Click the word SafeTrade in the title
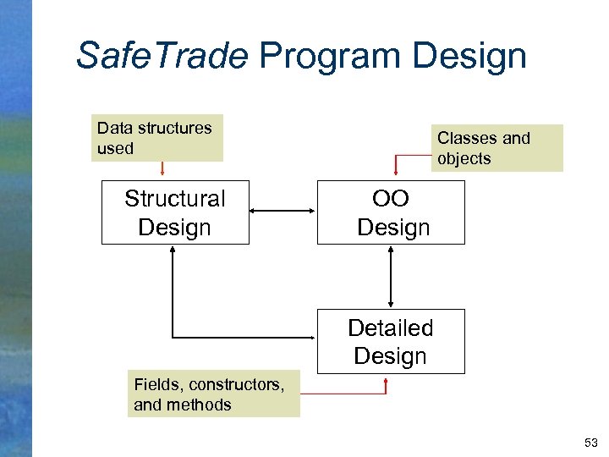point(162,56)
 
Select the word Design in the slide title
point(469,56)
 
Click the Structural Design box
point(175,212)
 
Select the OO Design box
point(391,212)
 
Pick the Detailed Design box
point(391,341)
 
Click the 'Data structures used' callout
point(159,138)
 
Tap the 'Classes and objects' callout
point(497,148)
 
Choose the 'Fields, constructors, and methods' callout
point(215,394)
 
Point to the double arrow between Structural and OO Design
point(283,212)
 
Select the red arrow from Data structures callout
point(162,170)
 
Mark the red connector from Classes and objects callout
point(406,158)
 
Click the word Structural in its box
point(175,199)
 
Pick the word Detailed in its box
point(391,328)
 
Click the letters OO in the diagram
point(391,199)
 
